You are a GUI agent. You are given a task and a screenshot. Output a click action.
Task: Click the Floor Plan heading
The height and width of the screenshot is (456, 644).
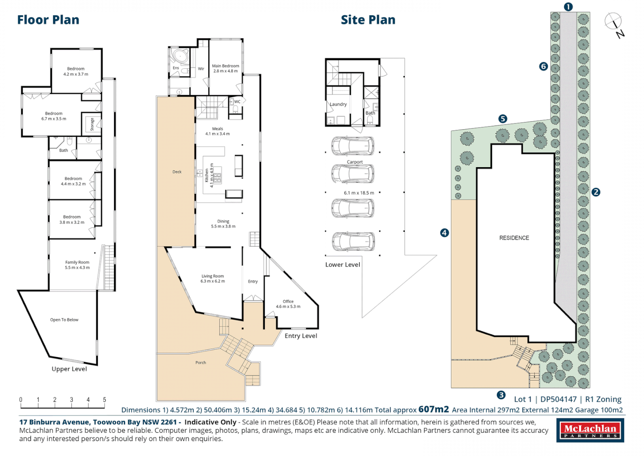click(x=48, y=20)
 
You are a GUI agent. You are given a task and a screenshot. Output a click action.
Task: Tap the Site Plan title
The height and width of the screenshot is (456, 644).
click(x=368, y=20)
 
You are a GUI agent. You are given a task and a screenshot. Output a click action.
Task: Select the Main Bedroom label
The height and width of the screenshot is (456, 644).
click(x=225, y=68)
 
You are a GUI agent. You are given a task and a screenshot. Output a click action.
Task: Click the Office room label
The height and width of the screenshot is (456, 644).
click(x=288, y=304)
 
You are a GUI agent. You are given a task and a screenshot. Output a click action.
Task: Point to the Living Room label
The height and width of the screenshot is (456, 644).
click(x=213, y=279)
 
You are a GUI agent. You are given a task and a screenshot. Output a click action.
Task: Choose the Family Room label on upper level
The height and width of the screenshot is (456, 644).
click(x=77, y=265)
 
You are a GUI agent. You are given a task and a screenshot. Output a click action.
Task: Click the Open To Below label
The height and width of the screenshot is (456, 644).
click(x=64, y=320)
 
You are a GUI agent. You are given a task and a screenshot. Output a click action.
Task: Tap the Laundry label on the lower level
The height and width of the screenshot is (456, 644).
click(x=338, y=104)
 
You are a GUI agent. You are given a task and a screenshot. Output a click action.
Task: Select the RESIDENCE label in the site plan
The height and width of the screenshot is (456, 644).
click(x=514, y=238)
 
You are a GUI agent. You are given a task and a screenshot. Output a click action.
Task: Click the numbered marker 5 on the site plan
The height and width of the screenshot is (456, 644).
click(x=502, y=119)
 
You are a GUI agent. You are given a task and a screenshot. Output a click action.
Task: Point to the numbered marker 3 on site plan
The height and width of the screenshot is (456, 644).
click(x=501, y=395)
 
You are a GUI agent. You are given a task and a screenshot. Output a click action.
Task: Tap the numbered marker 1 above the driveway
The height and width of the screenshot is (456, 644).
click(x=568, y=7)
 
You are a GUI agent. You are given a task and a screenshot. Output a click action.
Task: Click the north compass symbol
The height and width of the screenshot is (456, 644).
click(x=613, y=22)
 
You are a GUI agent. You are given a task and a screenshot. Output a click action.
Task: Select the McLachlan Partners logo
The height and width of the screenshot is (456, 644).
click(x=590, y=430)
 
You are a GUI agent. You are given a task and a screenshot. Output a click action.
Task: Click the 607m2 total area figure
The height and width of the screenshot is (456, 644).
click(x=434, y=409)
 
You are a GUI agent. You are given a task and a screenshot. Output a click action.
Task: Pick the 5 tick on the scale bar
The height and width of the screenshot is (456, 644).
click(x=105, y=400)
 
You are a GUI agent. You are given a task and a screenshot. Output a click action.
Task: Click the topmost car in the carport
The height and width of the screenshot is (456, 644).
click(x=353, y=146)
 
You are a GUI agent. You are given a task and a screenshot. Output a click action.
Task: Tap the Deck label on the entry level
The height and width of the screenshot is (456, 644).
click(x=177, y=172)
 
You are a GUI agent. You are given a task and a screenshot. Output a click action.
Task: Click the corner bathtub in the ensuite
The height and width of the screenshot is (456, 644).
click(x=181, y=56)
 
